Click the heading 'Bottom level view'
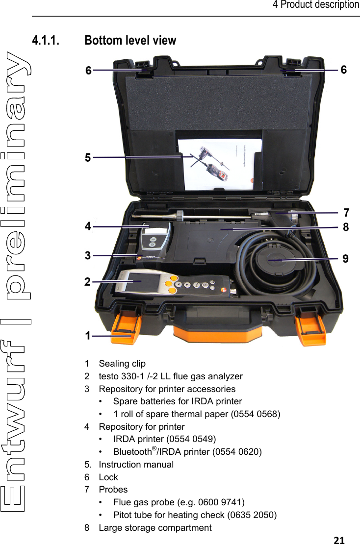coord(130,40)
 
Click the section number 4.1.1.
coord(46,40)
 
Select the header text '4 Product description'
coord(316,5)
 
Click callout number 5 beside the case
coord(88,158)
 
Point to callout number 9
coord(345,258)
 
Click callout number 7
coord(346,213)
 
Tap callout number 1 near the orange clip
coord(88,336)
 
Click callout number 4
coord(88,226)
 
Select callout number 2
coord(87,282)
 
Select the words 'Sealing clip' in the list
coord(122,364)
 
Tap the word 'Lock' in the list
coord(108,477)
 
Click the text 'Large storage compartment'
coord(155,528)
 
